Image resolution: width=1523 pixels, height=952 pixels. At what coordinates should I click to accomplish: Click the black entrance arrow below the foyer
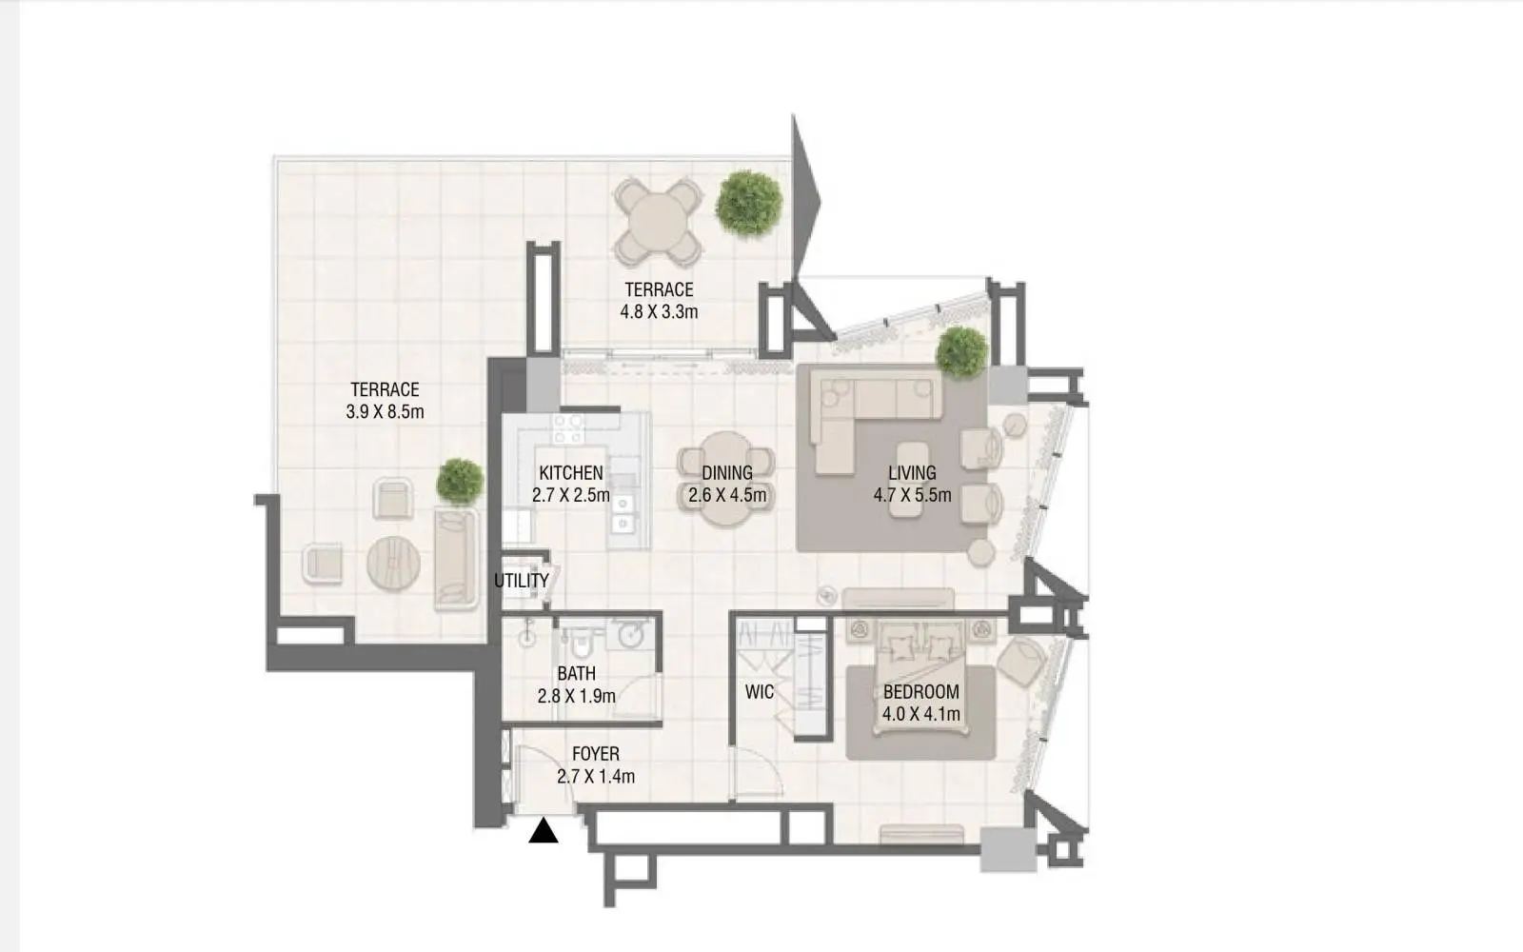544,831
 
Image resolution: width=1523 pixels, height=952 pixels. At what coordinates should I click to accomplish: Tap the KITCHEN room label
571,472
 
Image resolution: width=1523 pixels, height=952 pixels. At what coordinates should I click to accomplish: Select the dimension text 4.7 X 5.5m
913,495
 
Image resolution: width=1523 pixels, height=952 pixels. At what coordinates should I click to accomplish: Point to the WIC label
760,692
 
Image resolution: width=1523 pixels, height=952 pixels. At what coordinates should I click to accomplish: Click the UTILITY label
522,581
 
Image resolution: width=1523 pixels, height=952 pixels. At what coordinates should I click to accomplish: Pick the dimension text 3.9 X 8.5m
385,412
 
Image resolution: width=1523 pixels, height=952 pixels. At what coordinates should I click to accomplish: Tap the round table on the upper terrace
658,222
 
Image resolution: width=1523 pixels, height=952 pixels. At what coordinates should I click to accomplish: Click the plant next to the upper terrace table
748,203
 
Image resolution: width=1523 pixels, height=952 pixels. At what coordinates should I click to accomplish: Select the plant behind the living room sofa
961,351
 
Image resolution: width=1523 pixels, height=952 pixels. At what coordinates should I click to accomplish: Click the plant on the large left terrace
461,482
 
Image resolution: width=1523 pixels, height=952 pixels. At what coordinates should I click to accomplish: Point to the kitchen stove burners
568,429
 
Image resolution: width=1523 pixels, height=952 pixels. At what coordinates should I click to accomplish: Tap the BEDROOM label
921,691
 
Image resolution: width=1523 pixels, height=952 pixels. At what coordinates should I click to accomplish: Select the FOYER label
596,754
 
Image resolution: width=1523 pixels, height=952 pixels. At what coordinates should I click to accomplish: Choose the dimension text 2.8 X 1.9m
577,696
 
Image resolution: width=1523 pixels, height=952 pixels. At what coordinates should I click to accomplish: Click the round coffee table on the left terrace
393,563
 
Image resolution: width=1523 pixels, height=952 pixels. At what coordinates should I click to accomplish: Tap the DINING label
727,472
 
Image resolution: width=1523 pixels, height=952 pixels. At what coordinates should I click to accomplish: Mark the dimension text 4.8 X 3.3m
659,312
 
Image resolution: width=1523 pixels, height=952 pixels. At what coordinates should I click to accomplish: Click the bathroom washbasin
630,634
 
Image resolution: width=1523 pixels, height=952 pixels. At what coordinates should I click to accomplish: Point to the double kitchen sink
623,513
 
